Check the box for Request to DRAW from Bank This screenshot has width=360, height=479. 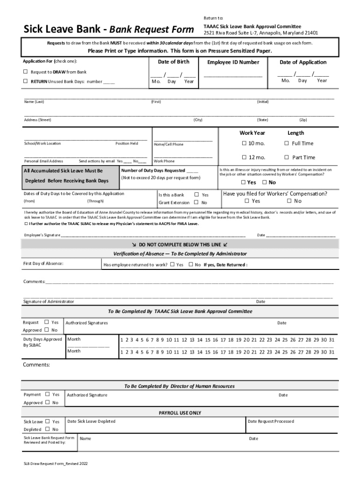point(26,72)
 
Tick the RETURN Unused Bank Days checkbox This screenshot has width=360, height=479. point(26,81)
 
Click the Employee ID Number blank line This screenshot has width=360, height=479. point(233,76)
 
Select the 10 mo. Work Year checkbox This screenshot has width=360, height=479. point(244,143)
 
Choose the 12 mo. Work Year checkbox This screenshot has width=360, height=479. point(244,157)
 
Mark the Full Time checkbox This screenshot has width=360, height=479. point(287,143)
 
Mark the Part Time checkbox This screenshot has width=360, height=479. point(287,157)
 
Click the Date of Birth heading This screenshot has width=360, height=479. point(173,62)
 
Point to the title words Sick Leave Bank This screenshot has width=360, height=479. point(65,30)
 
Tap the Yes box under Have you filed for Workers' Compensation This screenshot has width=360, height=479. point(247,201)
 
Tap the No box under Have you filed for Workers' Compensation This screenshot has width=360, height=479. point(289,201)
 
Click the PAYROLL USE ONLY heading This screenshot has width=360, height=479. point(180,413)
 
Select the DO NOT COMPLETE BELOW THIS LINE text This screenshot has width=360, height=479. point(180,244)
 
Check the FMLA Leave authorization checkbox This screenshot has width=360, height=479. point(25,224)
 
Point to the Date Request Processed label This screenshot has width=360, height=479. point(271,421)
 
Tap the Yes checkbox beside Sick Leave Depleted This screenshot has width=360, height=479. point(47,421)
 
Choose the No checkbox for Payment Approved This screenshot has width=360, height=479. point(47,403)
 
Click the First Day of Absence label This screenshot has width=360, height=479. point(43,264)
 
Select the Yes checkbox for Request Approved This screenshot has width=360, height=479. point(46,322)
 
